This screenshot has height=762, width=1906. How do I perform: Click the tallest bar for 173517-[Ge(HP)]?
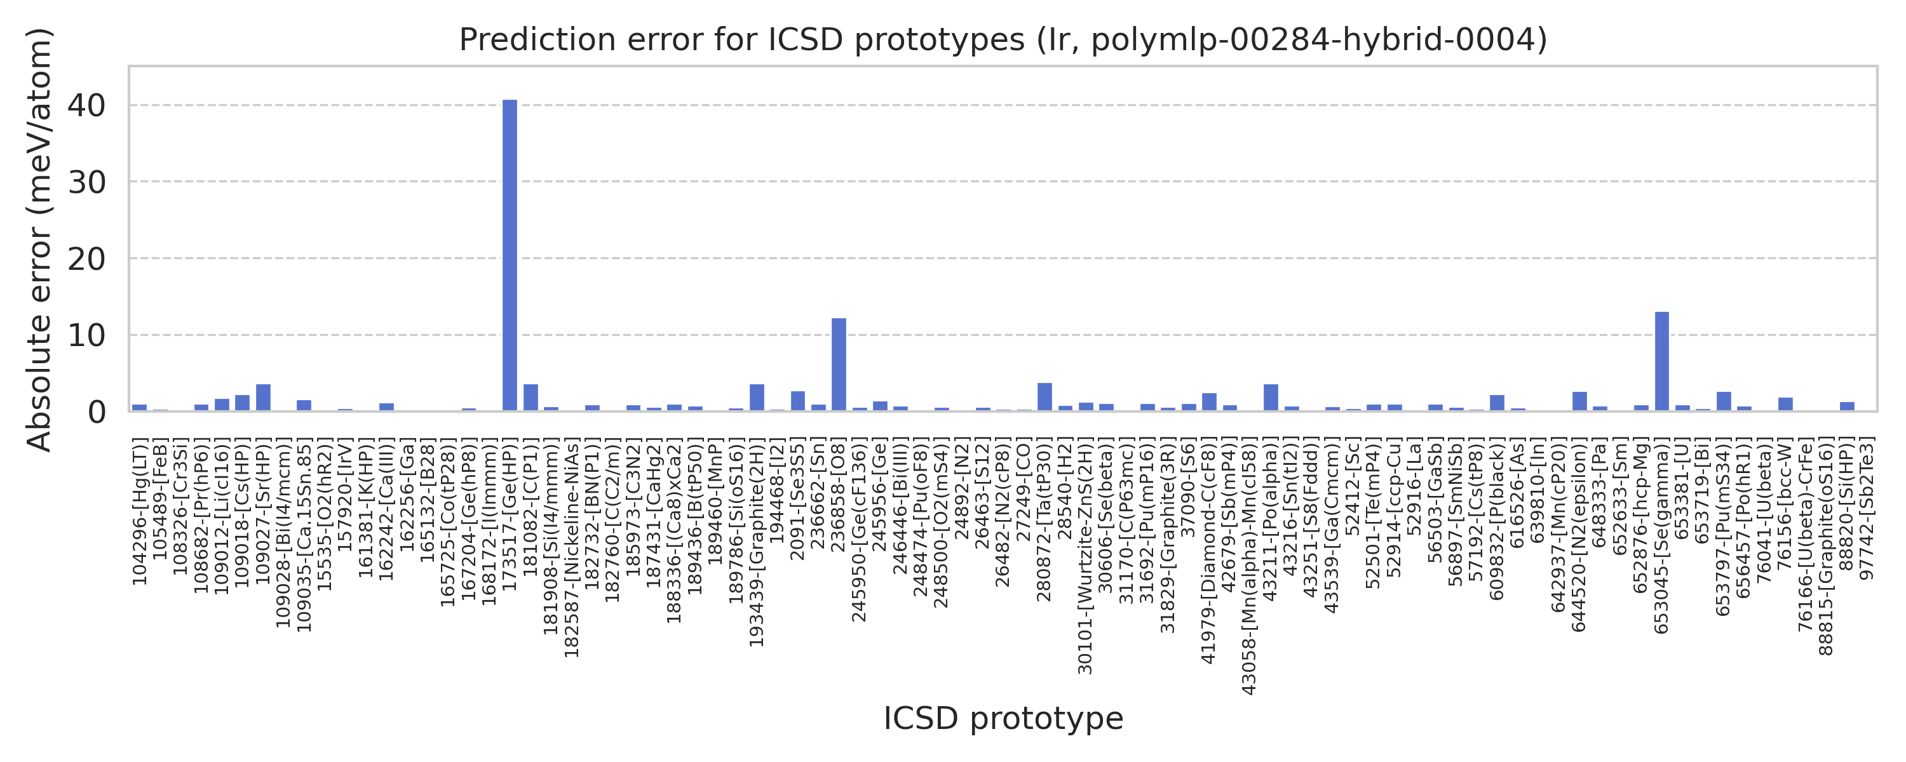pyautogui.click(x=510, y=255)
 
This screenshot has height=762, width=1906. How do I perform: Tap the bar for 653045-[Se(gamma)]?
pyautogui.click(x=1661, y=362)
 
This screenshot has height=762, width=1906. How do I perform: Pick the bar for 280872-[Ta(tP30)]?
pyautogui.click(x=1044, y=398)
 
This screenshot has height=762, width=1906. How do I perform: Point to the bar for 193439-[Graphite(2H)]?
pyautogui.click(x=756, y=398)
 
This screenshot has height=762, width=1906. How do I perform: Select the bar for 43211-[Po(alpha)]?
pyautogui.click(x=1271, y=398)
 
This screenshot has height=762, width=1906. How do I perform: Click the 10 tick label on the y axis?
pyautogui.click(x=86, y=336)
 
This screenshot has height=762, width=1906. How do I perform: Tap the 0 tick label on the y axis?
pyautogui.click(x=96, y=412)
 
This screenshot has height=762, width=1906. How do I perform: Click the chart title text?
pyautogui.click(x=1003, y=40)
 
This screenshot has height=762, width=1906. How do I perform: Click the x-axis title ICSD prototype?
pyautogui.click(x=1003, y=718)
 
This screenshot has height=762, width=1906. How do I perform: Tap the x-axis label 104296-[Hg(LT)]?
pyautogui.click(x=140, y=511)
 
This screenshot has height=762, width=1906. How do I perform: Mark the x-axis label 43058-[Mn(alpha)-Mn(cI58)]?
pyautogui.click(x=1250, y=566)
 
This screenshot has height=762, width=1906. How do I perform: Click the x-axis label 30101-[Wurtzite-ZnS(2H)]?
pyautogui.click(x=1085, y=556)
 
